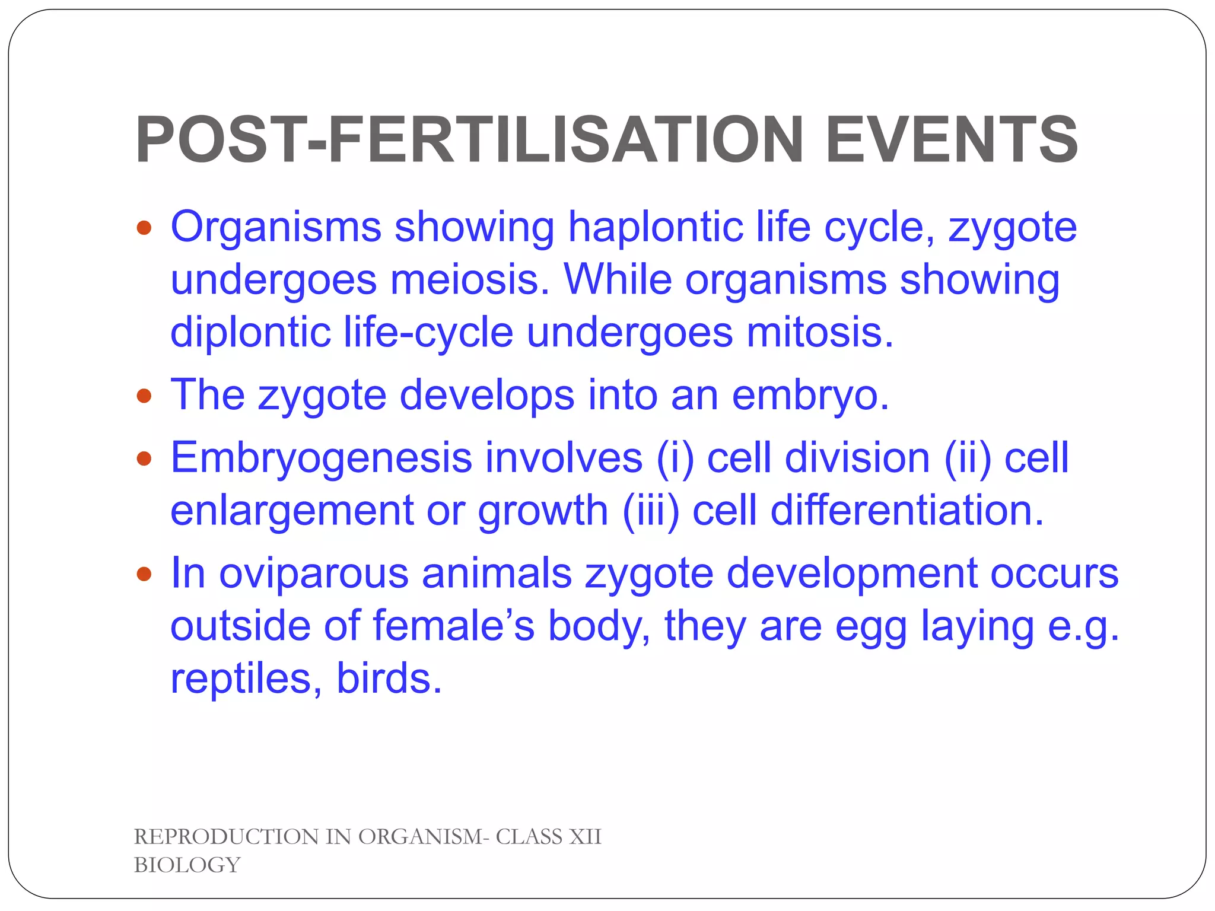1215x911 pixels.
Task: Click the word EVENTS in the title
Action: pos(951,141)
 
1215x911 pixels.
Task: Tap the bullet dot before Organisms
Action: pos(144,228)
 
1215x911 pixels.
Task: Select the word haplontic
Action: pos(655,228)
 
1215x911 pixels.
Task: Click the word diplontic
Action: pos(250,332)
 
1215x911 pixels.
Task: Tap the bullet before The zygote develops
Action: pos(144,396)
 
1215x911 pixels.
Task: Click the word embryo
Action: pos(810,396)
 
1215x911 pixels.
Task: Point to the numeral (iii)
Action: pos(651,511)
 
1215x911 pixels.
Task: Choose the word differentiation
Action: pos(907,511)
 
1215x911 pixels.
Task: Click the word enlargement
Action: pos(292,511)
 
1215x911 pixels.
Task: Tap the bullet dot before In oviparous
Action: pos(144,574)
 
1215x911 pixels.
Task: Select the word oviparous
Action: pos(314,574)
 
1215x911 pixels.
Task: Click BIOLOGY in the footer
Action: pos(187,865)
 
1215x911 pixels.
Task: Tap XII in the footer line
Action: pos(585,837)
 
